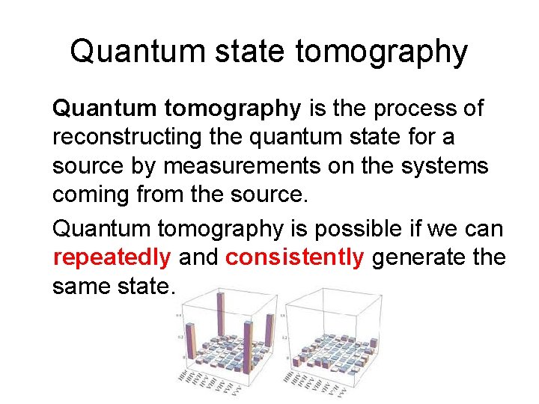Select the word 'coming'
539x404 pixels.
tap(89, 195)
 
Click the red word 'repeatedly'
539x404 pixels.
tap(112, 257)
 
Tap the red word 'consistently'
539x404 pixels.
tap(295, 257)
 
